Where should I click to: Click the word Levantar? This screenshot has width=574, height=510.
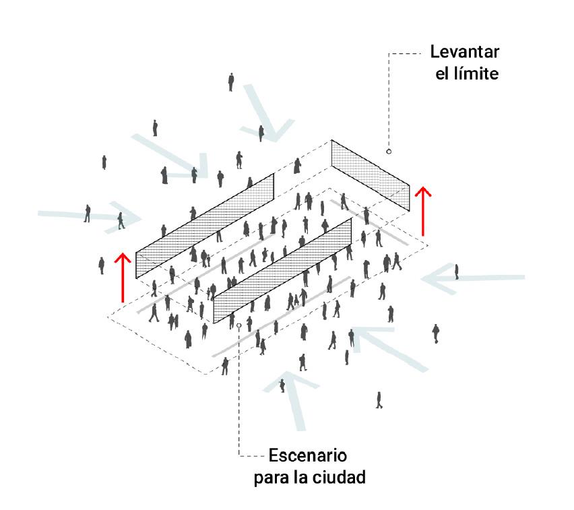pyautogui.click(x=466, y=52)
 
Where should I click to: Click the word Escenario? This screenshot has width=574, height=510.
pyautogui.click(x=308, y=455)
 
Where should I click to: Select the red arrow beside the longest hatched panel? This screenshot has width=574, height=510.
pyautogui.click(x=122, y=277)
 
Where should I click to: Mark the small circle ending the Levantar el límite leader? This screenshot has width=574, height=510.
pyautogui.click(x=389, y=152)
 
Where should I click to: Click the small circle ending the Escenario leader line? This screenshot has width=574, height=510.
pyautogui.click(x=239, y=325)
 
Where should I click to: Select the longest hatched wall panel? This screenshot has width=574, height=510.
pyautogui.click(x=205, y=225)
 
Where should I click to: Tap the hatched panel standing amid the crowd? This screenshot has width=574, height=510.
pyautogui.click(x=282, y=270)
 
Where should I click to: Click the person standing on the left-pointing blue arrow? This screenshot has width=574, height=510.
pyautogui.click(x=457, y=272)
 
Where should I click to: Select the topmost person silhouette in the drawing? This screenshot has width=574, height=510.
pyautogui.click(x=231, y=82)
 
